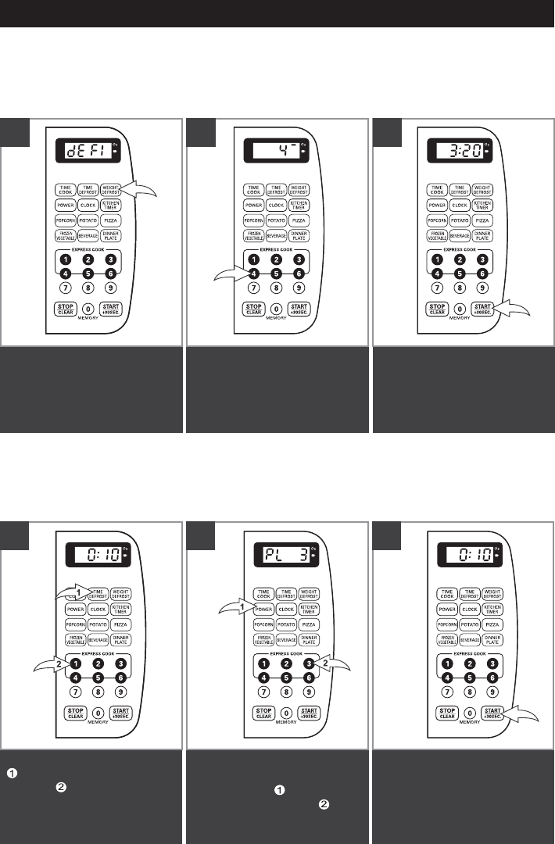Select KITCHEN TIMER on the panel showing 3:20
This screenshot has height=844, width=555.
pyautogui.click(x=482, y=205)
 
